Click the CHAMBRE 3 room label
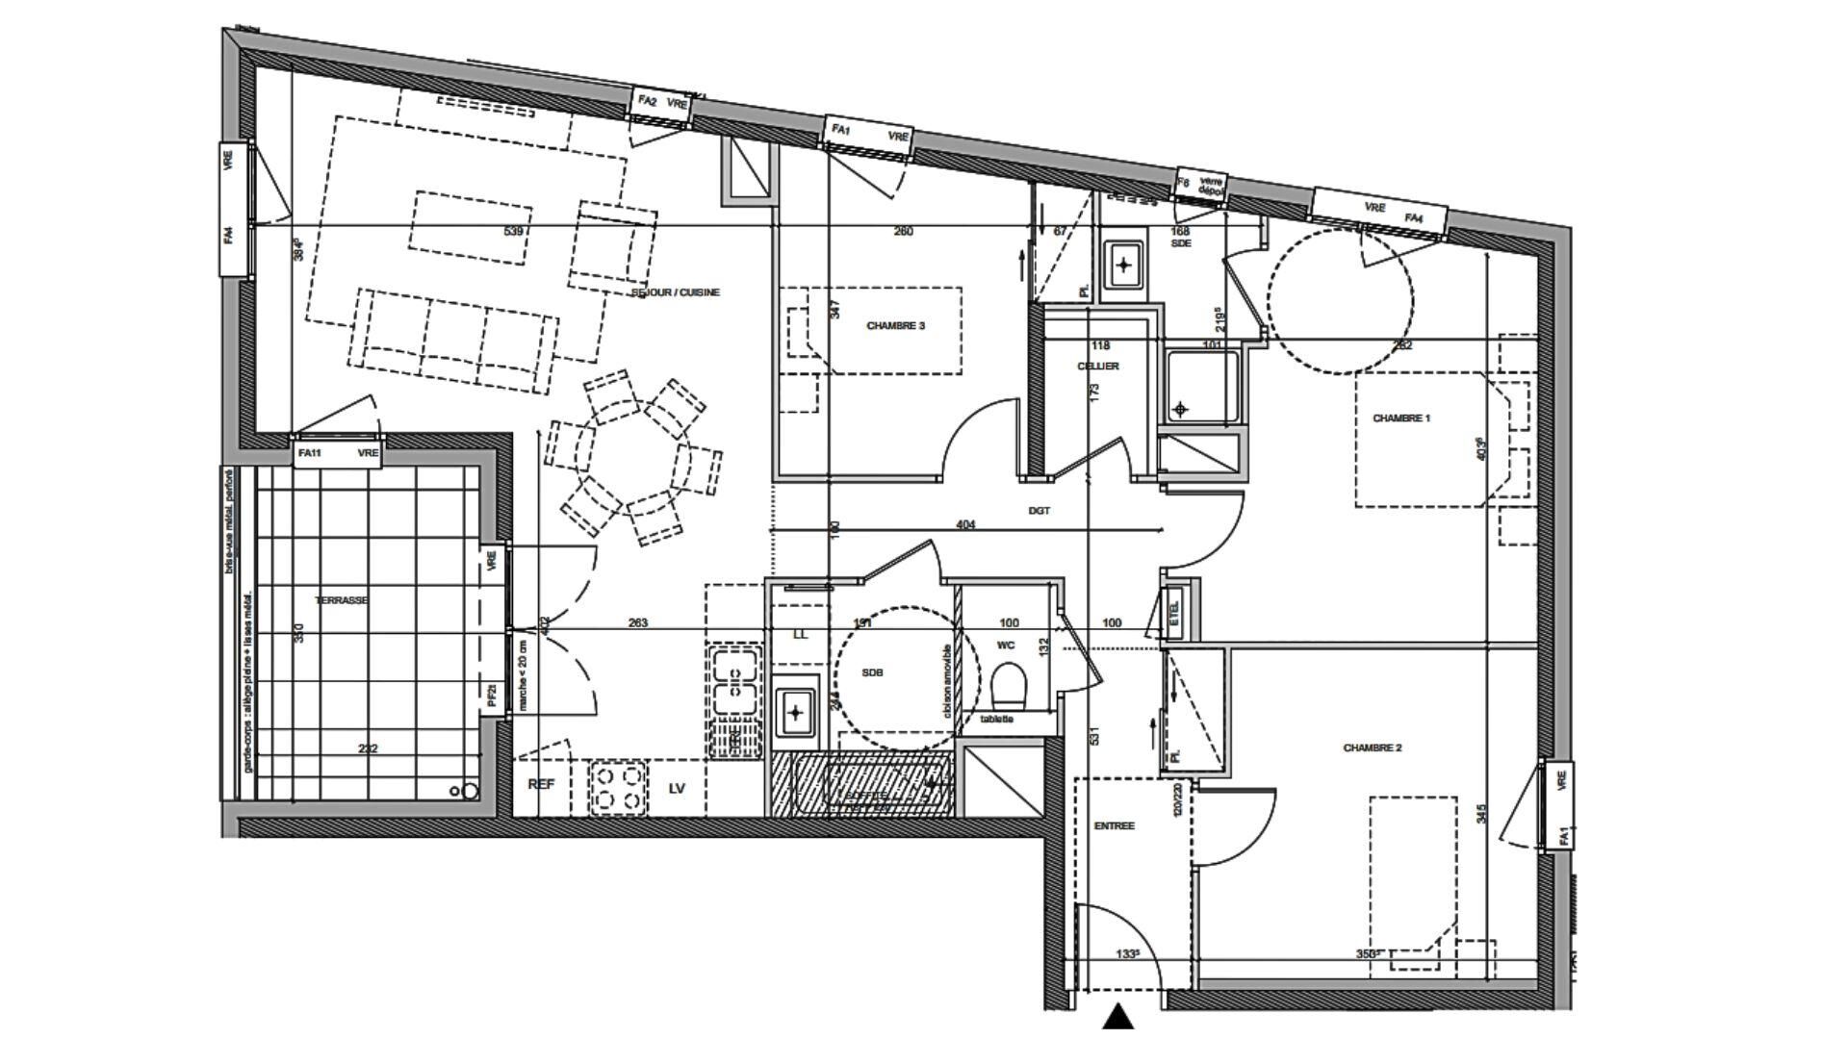click(x=895, y=326)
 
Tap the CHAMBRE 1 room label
click(x=1400, y=418)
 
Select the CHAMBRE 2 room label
click(x=1372, y=748)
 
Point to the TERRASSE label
click(x=342, y=600)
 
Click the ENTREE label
click(x=1114, y=825)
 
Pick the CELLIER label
click(x=1097, y=367)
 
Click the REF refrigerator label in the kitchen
click(x=542, y=785)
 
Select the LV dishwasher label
click(x=677, y=788)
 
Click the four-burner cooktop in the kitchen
click(x=617, y=787)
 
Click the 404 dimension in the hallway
click(x=965, y=525)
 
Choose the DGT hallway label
click(x=1039, y=511)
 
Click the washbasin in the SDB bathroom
click(x=795, y=713)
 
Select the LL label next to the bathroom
click(x=800, y=635)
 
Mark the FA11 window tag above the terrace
click(x=309, y=453)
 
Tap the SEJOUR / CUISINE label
click(x=675, y=292)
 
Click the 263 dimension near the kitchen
click(x=637, y=623)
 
